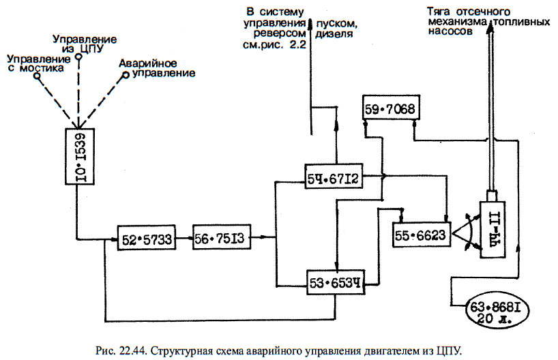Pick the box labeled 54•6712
(334, 179)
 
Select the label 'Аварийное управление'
(156, 67)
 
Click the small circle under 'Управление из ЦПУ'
(79, 59)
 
